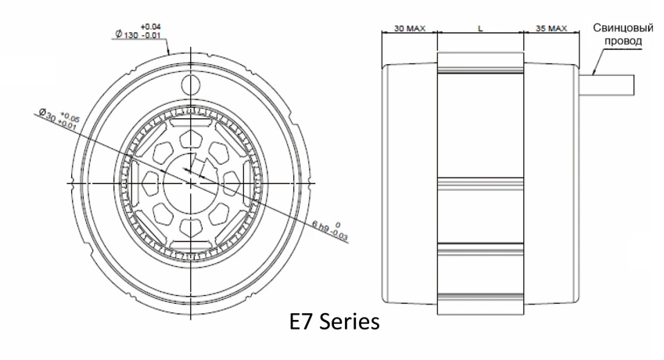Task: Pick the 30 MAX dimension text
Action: (x=407, y=27)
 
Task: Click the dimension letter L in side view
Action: (x=479, y=27)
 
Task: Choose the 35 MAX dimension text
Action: (x=552, y=27)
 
